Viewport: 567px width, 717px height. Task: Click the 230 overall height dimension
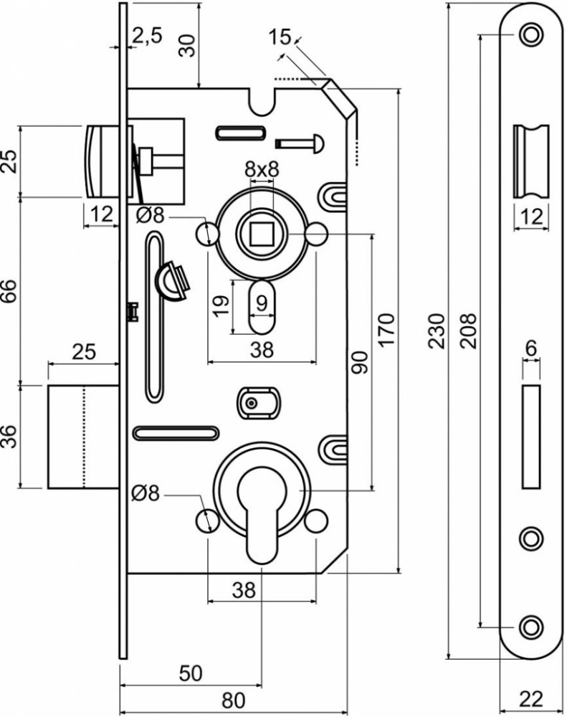[x=437, y=331]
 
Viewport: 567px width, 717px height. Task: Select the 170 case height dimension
[x=387, y=330]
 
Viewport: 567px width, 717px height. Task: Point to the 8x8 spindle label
[x=262, y=169]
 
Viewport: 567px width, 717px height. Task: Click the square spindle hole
[x=261, y=234]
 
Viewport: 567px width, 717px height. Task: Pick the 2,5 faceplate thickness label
[x=147, y=36]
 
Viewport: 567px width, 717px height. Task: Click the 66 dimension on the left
[x=9, y=291]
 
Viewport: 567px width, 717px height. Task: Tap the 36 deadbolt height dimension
[x=9, y=437]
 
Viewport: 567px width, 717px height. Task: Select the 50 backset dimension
[x=190, y=673]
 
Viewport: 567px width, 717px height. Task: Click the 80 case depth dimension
[x=233, y=700]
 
